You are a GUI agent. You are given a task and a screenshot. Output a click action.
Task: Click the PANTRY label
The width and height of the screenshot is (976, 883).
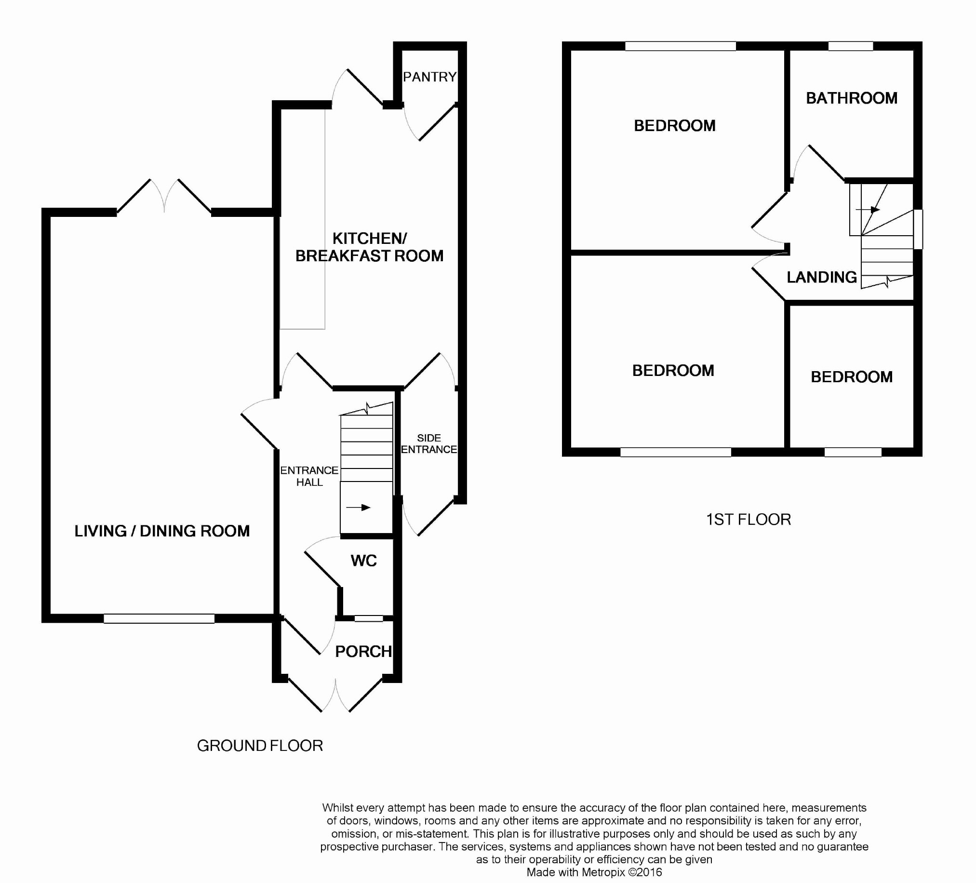430,77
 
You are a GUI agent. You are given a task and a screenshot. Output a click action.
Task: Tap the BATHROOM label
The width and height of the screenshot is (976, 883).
852,98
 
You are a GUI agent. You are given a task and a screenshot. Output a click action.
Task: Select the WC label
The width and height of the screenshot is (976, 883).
363,561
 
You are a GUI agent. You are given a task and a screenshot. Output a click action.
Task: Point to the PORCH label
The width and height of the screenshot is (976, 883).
363,652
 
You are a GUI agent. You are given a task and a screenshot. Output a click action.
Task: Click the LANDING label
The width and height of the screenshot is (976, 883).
822,278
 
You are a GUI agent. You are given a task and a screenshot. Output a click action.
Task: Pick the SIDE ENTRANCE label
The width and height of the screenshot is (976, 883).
429,443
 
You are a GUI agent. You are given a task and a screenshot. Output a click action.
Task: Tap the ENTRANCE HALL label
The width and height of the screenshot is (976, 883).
309,476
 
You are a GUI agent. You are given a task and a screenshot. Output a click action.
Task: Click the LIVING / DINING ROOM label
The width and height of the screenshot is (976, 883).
162,531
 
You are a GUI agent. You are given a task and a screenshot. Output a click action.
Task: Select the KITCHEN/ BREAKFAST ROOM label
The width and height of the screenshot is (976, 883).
369,247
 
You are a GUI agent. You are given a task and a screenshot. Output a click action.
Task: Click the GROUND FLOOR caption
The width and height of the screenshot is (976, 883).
260,746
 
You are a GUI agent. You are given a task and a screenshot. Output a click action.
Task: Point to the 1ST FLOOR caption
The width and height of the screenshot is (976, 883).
749,520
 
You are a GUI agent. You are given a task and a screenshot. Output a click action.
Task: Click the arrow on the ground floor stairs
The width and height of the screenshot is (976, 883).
359,508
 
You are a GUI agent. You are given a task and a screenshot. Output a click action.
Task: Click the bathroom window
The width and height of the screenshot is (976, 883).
851,46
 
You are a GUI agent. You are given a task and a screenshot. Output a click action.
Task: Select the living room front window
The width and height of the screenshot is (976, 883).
159,619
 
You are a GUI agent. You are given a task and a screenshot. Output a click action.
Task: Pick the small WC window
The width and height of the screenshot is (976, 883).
369,618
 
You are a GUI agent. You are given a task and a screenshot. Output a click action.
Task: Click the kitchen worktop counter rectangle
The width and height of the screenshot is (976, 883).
302,219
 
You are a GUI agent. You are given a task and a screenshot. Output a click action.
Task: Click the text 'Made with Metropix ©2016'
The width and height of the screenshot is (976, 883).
594,872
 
